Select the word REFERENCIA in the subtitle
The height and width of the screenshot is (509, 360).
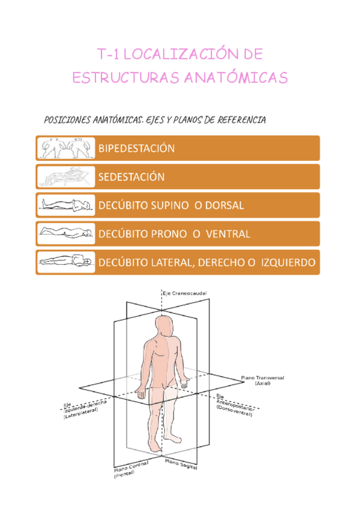(236, 121)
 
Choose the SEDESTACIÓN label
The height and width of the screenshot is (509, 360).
(131, 176)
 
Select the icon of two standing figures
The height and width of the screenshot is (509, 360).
(65, 148)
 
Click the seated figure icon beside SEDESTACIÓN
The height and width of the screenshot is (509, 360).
(65, 176)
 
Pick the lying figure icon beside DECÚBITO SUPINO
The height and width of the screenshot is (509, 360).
(65, 205)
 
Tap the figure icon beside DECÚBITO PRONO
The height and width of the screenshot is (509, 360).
(65, 233)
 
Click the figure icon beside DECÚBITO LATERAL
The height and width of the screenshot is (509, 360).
(65, 261)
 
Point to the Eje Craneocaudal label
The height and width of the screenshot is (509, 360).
(185, 293)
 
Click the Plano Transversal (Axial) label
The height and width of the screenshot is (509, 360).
(262, 380)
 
